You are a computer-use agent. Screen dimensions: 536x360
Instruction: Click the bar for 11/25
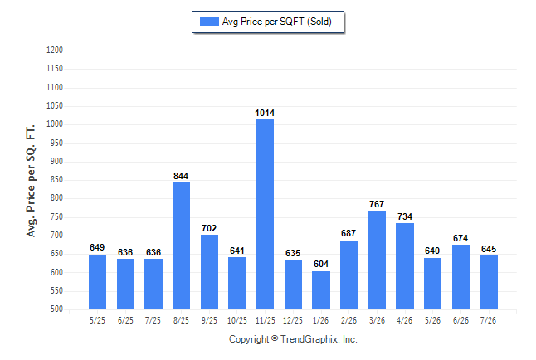tap(265, 214)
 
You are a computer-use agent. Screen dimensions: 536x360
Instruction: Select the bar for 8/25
tap(181, 246)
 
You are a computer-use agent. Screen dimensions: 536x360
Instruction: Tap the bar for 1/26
tap(321, 290)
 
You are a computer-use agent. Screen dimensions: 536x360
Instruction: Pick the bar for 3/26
tap(377, 260)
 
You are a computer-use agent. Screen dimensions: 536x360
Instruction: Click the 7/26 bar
tap(489, 282)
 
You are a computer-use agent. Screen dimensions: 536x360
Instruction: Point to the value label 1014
tap(265, 113)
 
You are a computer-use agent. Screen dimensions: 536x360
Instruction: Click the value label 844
tap(181, 176)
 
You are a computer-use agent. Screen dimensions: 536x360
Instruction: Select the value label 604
tap(321, 264)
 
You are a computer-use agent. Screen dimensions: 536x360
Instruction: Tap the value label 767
tap(377, 204)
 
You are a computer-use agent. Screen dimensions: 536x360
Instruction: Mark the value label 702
tap(209, 228)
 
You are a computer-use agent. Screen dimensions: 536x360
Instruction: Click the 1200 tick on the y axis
tap(55, 51)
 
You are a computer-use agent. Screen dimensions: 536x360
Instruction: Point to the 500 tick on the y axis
tap(56, 309)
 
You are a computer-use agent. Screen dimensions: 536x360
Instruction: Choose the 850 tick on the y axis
tap(56, 180)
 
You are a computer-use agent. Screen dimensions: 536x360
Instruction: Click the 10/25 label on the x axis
tap(237, 320)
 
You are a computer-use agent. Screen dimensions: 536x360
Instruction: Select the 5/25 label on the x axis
tap(97, 320)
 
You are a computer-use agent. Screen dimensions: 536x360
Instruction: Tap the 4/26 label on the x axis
tap(404, 320)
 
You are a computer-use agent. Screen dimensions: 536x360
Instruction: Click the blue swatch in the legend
tap(209, 22)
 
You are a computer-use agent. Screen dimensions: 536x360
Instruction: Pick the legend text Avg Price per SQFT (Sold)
tap(277, 22)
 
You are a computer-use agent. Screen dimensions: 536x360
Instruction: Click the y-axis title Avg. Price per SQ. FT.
tap(31, 181)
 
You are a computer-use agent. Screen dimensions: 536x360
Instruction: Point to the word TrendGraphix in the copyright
tap(309, 339)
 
